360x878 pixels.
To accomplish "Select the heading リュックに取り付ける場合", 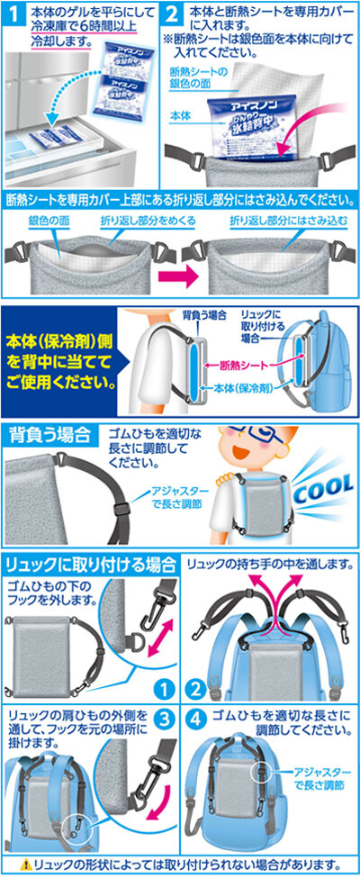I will [x=89, y=565].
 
